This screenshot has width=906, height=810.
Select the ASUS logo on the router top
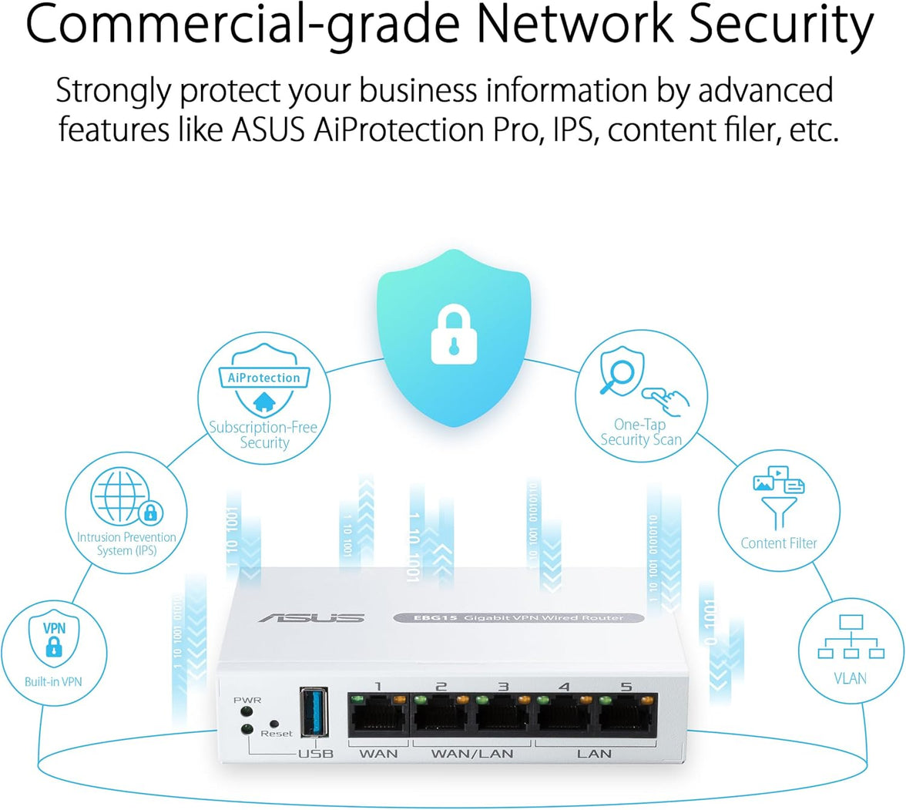(x=311, y=617)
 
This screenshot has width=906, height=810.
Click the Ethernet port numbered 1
(x=377, y=718)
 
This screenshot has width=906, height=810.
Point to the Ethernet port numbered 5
(x=627, y=718)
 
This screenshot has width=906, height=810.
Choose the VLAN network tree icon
(x=851, y=639)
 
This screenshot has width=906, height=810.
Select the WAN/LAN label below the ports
(x=472, y=753)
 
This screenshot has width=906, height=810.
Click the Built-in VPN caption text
(x=53, y=681)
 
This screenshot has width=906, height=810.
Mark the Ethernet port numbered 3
(x=502, y=718)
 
